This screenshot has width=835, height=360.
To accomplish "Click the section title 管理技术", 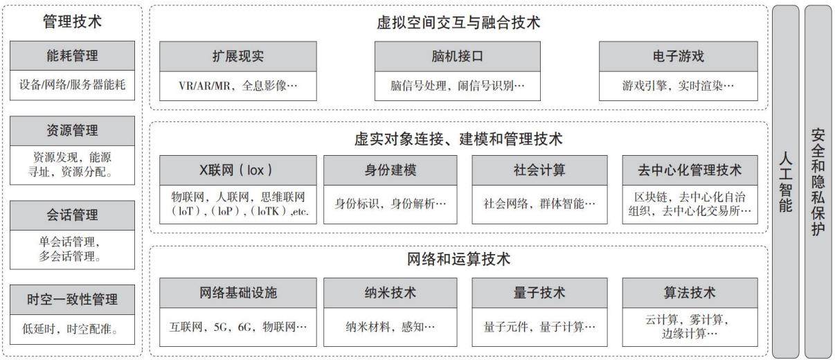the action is coord(72,21).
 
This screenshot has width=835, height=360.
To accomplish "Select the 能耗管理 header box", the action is coord(72,55).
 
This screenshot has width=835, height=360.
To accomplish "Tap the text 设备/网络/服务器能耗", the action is coord(72,84).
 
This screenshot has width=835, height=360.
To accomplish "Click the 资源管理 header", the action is coord(72,131).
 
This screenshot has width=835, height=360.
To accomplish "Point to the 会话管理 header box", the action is coord(72,215).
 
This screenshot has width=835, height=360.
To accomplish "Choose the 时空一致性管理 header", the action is coord(72,300).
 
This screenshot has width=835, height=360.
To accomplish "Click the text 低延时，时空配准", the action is coord(70,329).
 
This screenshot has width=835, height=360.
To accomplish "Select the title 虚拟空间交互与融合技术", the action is coord(458,22).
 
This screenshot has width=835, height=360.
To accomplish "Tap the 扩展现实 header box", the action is coord(238,56).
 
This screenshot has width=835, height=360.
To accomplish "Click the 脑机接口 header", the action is coord(458,56).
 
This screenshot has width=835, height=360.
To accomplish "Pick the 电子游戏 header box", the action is coord(679,56).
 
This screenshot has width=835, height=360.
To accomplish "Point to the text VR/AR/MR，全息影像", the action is coord(238,86).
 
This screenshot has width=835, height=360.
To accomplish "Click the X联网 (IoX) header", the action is coord(238,170).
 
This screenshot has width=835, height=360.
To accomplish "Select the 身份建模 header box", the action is coord(390,170).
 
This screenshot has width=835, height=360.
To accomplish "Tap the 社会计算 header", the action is coord(540,170).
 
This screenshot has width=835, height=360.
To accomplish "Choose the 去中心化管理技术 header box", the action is coord(690,170).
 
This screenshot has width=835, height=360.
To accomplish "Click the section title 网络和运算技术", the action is coord(458,259).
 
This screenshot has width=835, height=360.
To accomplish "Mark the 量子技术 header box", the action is coord(540,293).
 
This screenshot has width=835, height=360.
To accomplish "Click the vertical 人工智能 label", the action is coord(785,182).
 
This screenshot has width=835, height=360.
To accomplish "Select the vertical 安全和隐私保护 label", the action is coord(818,182).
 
